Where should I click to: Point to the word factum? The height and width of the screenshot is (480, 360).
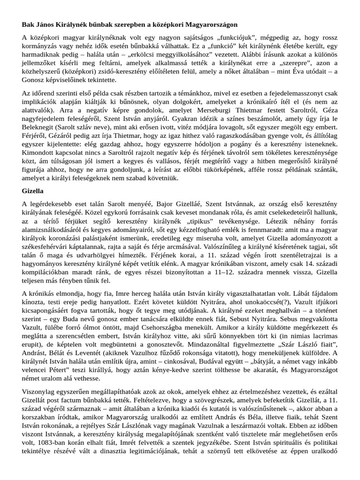(75, 399)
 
